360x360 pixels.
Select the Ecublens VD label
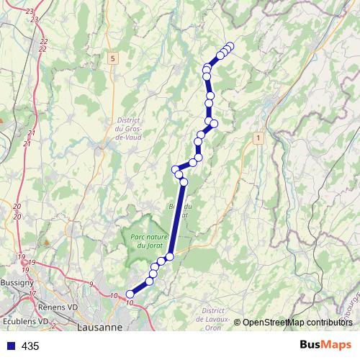click(x=24, y=320)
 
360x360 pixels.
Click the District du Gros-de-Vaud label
click(x=130, y=129)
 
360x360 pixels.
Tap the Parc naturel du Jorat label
click(x=149, y=242)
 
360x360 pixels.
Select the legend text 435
click(x=31, y=346)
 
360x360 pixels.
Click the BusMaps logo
click(x=325, y=346)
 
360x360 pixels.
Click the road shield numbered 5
click(x=114, y=57)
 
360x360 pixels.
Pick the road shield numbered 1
click(x=257, y=136)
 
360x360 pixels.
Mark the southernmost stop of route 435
click(x=130, y=293)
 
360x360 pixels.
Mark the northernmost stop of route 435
click(x=230, y=46)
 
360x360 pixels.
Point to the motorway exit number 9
click(x=91, y=285)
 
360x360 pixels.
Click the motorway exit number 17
click(x=32, y=294)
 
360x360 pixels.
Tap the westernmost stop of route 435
click(x=130, y=293)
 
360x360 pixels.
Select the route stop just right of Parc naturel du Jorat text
click(x=170, y=256)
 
